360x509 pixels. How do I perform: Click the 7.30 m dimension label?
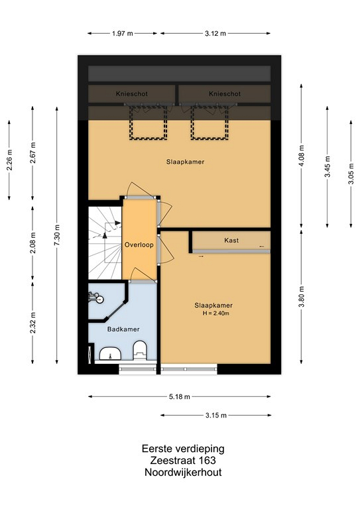pyautogui.click(x=57, y=235)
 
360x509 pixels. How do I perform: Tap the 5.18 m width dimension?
pyautogui.click(x=180, y=396)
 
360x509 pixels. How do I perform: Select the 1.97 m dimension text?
pyautogui.click(x=123, y=33)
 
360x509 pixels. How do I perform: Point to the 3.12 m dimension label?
pyautogui.click(x=215, y=33)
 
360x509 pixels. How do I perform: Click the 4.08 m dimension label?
pyautogui.click(x=302, y=156)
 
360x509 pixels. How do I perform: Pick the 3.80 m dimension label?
pyautogui.click(x=302, y=296)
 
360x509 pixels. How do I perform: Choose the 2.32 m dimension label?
pyautogui.click(x=32, y=322)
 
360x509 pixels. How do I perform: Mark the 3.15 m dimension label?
pyautogui.click(x=216, y=415)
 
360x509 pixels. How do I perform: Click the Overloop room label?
pyautogui.click(x=139, y=245)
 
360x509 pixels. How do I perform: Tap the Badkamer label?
pyautogui.click(x=123, y=329)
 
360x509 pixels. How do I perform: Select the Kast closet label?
pyautogui.click(x=231, y=240)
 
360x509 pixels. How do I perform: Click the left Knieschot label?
pyautogui.click(x=132, y=94)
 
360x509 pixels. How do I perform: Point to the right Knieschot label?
pyautogui.click(x=225, y=94)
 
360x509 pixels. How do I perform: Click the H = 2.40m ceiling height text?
pyautogui.click(x=216, y=313)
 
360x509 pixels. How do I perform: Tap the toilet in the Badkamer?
pyautogui.click(x=140, y=350)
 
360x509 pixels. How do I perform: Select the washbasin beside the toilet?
pyautogui.click(x=110, y=353)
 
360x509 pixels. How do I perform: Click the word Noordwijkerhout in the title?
pyautogui.click(x=183, y=472)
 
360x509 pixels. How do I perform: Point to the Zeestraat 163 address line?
pyautogui.click(x=183, y=461)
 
